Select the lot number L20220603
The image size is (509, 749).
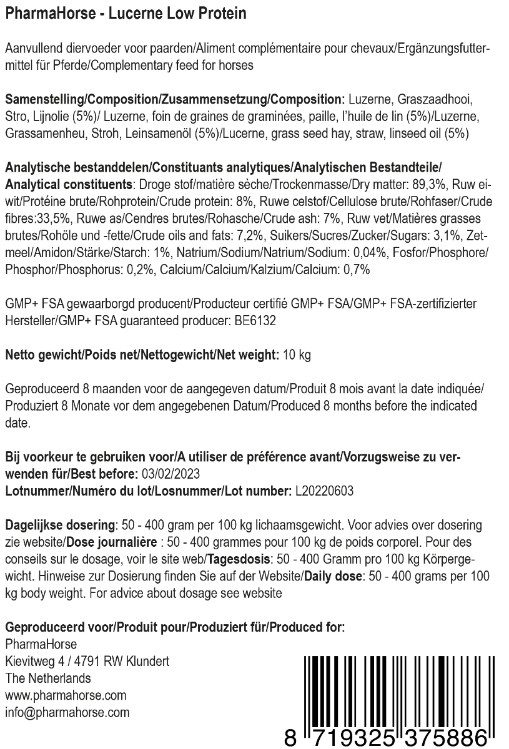323,491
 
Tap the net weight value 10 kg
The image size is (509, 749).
297,355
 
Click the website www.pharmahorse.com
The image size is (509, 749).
66,695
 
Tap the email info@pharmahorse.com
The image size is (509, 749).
67,712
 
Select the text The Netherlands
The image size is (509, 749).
47,678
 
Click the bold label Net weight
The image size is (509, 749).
247,355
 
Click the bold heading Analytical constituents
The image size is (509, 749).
68,185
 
